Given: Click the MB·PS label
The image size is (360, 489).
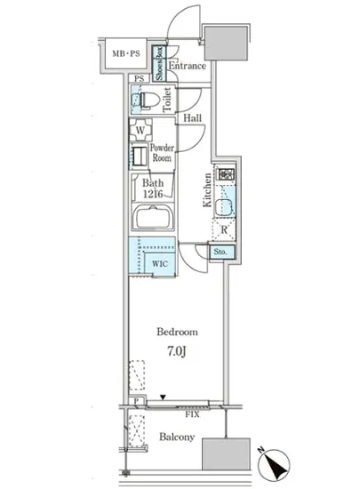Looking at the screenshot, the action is (126, 53).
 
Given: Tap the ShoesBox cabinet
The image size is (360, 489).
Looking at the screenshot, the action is (159, 63).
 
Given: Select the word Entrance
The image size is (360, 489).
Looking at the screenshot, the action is (187, 66).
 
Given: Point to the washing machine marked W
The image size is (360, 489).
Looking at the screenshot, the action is (140, 130).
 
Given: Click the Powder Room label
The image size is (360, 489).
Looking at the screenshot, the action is (162, 153).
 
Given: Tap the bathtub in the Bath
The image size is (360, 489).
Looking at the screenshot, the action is (152, 217).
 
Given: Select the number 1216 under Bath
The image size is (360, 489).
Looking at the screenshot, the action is (153, 194).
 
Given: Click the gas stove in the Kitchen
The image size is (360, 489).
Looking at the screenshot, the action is (226, 173).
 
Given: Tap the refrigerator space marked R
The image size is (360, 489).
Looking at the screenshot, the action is (224, 230).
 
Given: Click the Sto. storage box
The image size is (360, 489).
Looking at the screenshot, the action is (220, 252).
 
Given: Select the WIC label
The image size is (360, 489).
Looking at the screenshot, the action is (160, 264).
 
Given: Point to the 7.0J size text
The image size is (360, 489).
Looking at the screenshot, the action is (177, 351).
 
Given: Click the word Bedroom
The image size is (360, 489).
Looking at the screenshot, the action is (177, 332).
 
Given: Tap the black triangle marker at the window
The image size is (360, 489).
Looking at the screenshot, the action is (163, 397).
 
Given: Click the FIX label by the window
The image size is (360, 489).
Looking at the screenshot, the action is (192, 414).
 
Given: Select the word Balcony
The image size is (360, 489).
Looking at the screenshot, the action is (177, 437).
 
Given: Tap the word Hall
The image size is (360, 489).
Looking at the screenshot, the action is (192, 118).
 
